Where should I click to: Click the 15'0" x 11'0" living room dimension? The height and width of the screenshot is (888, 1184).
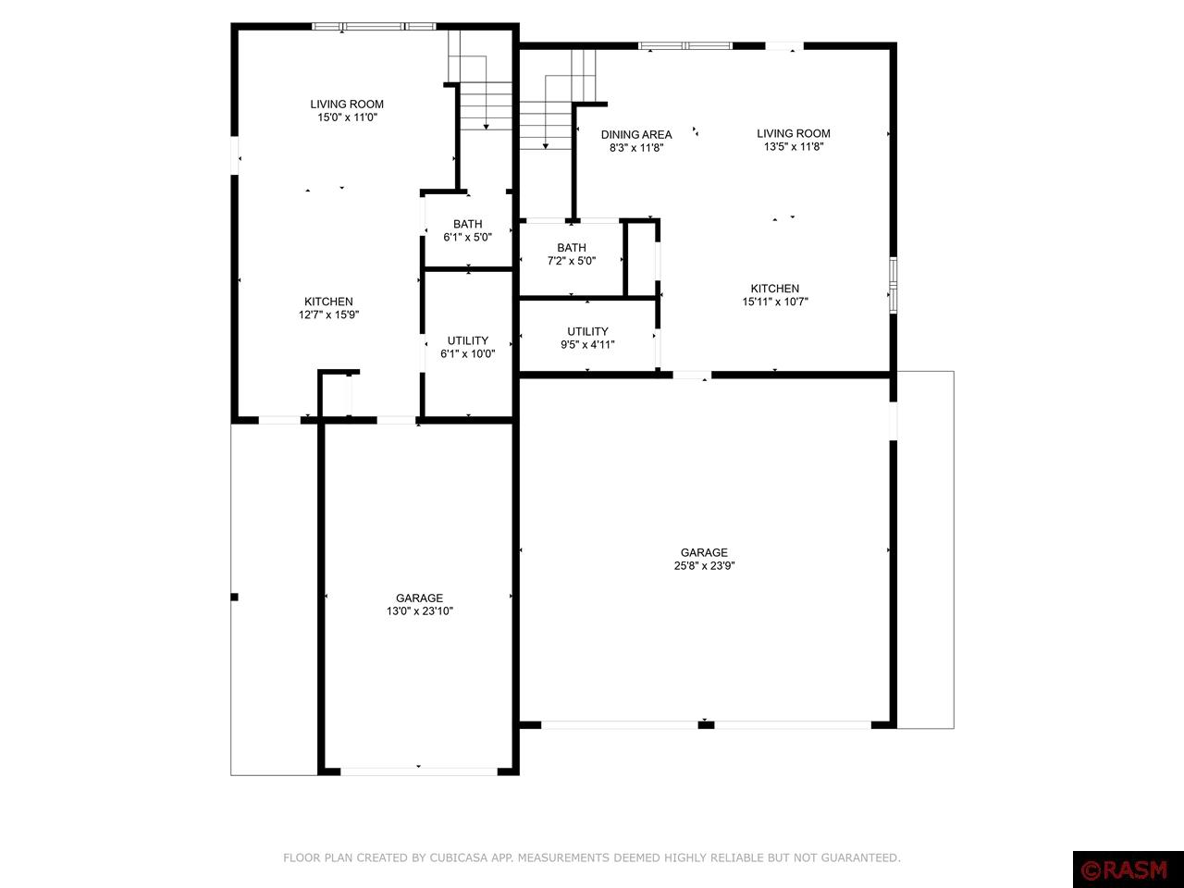347,117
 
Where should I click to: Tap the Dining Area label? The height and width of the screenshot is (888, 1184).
636,134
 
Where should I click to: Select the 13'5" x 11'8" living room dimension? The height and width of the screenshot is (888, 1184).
793,146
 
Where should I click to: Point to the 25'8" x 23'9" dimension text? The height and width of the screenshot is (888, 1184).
704,566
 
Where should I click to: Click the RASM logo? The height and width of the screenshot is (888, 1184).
1128,869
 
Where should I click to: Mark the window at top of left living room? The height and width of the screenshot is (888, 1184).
374,27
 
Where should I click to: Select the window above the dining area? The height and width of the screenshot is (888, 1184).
685,45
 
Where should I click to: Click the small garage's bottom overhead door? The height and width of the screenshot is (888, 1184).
419,770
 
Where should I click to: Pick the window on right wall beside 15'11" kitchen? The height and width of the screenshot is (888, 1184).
893,284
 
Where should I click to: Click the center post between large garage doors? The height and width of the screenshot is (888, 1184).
706,724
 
